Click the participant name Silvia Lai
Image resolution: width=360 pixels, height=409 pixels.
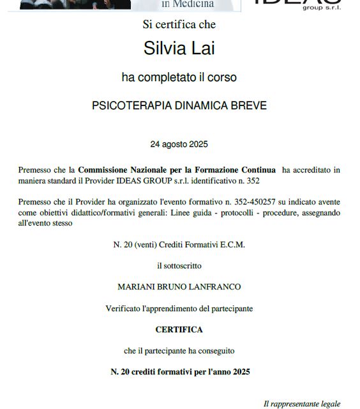[x=179, y=49]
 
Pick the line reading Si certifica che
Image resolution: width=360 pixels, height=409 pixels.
[x=179, y=25]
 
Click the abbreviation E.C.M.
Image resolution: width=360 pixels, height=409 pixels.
[x=231, y=244]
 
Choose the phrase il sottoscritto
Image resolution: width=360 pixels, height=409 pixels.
[x=179, y=265]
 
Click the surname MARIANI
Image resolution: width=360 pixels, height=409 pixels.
[x=137, y=287]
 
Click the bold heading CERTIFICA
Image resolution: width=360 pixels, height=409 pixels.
[x=179, y=330]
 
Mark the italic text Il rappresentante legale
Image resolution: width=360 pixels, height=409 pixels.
[x=302, y=403]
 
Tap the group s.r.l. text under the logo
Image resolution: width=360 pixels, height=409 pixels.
[x=323, y=10]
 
